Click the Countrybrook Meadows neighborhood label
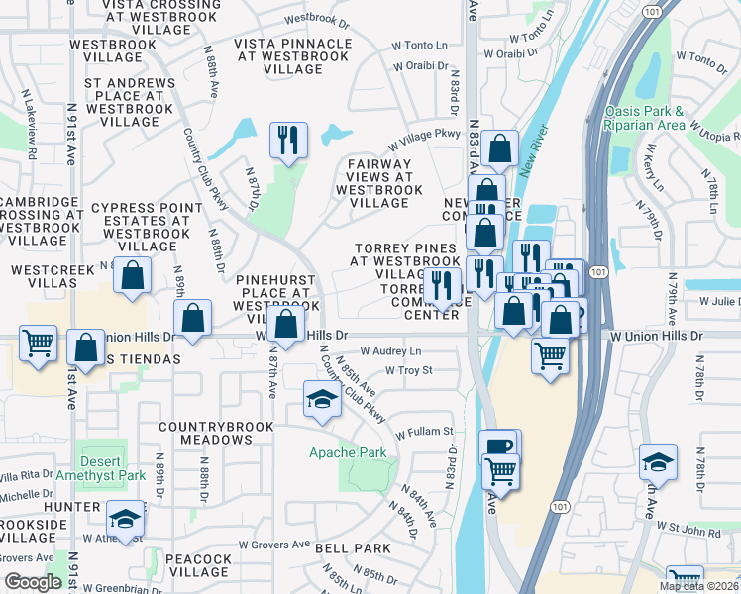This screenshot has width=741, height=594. coord(219,433)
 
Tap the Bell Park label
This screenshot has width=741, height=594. coord(354,547)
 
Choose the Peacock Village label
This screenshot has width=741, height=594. coord(198,566)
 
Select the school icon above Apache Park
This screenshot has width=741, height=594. coord(321,400)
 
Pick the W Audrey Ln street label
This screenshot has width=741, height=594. coord(390,351)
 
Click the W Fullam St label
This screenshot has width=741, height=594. coord(424,432)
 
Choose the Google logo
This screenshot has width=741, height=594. coord(33,582)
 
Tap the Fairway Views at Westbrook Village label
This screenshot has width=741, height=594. coord(378,183)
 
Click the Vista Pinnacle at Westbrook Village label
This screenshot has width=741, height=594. coord(292,56)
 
